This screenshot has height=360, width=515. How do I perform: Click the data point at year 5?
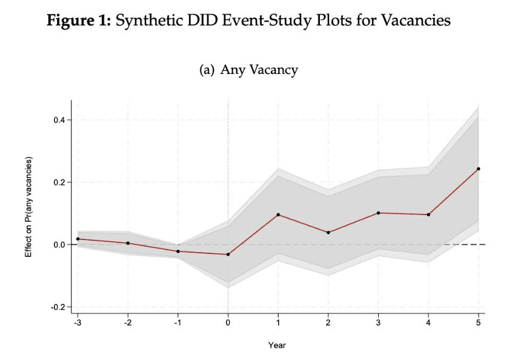479,169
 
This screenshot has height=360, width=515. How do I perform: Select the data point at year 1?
278,215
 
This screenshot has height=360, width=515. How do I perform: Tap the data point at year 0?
228,255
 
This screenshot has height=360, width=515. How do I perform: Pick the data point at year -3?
78,239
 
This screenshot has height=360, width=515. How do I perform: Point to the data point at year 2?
328,233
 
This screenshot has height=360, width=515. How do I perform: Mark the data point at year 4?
428,215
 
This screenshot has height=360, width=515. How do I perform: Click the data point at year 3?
378,213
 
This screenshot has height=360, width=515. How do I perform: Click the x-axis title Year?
277,345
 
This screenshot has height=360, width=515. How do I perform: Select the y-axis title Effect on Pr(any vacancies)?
28,207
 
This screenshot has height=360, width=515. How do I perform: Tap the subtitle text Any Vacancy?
259,70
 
